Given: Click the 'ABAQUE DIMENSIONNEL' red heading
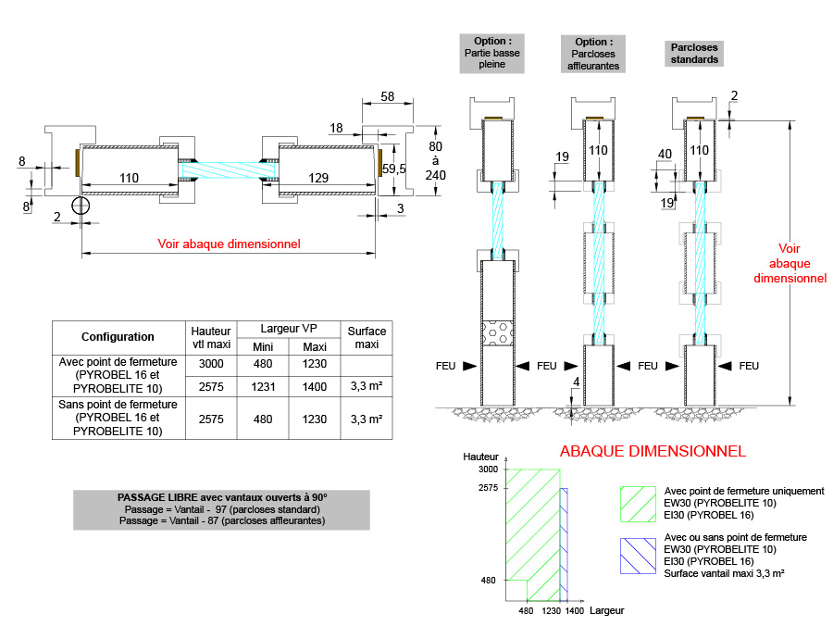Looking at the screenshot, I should (653, 452).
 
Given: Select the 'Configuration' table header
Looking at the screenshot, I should (118, 337).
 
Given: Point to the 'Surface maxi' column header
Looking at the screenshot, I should (366, 337).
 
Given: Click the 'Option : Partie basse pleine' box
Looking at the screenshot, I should (491, 54).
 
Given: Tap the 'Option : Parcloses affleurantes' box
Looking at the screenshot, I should (593, 54).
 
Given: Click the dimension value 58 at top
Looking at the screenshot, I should (387, 95).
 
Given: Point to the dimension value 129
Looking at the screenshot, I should (317, 177).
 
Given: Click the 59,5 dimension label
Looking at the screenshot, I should (394, 169).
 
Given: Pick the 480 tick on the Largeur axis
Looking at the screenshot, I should (526, 611).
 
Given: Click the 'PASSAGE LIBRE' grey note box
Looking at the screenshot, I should (221, 509).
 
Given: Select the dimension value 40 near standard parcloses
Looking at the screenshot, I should (664, 154).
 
